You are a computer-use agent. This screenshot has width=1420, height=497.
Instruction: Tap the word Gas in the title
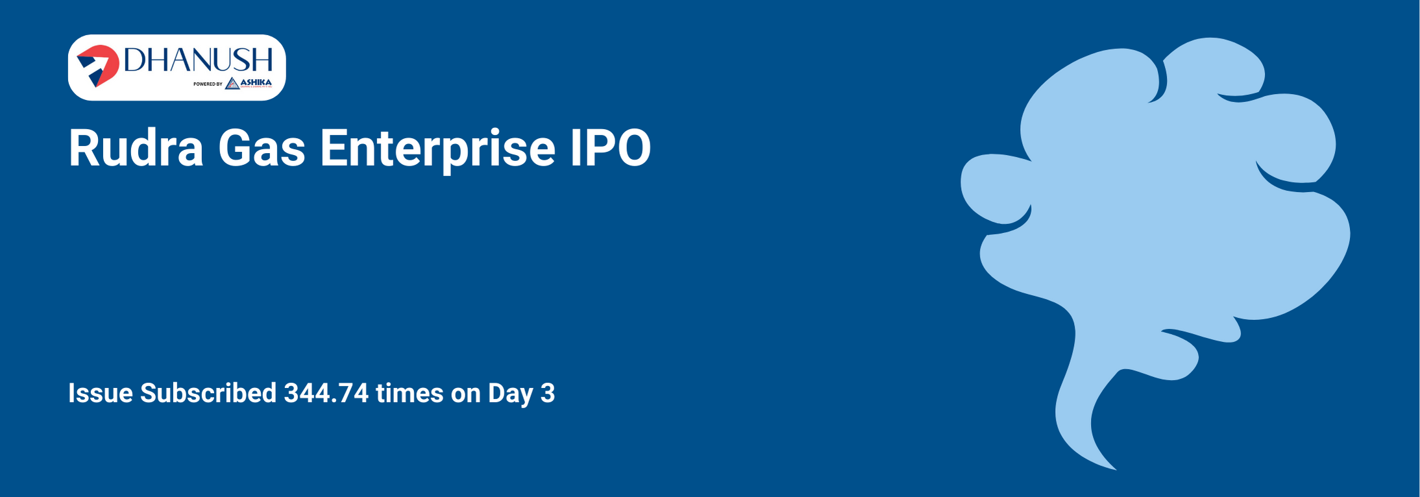pos(262,149)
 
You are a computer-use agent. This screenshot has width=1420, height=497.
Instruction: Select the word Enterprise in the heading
pos(437,149)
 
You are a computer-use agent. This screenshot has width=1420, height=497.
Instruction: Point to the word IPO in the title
pos(611,149)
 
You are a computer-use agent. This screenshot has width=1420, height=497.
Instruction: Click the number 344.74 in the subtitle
pos(326,393)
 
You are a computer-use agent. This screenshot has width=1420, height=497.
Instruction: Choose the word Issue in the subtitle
pos(101,393)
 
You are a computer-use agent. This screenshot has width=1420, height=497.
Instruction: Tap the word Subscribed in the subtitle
pos(208,393)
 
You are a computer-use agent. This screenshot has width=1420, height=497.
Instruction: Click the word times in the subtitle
pos(410,393)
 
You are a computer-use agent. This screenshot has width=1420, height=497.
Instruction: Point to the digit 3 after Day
pos(548,393)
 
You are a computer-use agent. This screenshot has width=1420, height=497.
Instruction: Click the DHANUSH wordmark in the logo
pos(198,60)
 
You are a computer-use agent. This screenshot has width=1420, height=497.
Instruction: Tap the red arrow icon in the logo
pos(98,66)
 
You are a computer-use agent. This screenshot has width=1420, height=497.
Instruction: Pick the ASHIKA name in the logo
pos(256,82)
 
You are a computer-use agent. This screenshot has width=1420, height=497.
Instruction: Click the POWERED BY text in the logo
pos(208,84)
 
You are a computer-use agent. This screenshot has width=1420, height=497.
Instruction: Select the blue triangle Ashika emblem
pos(232,84)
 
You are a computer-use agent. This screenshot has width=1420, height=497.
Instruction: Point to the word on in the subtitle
pos(466,393)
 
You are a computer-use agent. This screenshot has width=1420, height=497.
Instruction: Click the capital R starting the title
pos(83,149)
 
